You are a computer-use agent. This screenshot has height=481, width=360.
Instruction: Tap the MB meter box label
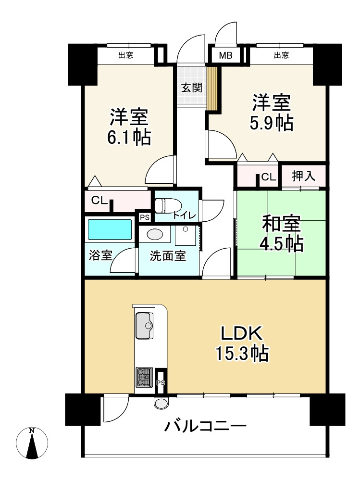coord(225,55)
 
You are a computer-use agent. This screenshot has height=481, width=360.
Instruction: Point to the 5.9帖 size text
coord(271,124)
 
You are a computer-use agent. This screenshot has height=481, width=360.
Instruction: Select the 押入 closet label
coord(303,176)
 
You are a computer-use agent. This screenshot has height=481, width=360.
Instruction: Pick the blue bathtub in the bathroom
coord(110,229)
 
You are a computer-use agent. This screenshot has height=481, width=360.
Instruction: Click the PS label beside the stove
coord(161,383)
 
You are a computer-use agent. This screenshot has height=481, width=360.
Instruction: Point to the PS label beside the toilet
coord(144,217)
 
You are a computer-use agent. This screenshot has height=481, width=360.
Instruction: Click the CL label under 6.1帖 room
coord(99,201)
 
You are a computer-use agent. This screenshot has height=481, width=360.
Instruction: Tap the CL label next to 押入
coord(269,177)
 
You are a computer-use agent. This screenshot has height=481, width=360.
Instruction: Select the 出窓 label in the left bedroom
coord(126,55)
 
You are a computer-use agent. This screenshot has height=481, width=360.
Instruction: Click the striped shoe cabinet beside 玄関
coord(212,88)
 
